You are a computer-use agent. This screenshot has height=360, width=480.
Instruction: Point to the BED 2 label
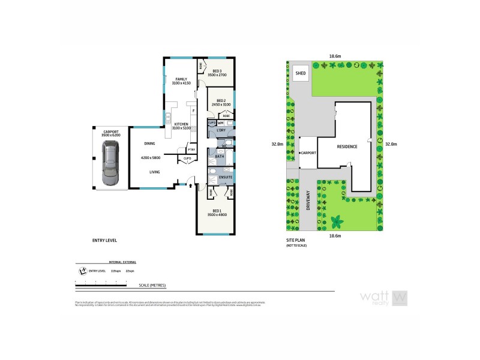(x=220, y=101)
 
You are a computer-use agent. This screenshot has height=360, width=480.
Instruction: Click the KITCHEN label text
(x=181, y=124)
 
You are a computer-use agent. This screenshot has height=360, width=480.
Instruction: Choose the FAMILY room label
(x=181, y=79)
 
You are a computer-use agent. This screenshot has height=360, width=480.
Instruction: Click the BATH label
(x=220, y=157)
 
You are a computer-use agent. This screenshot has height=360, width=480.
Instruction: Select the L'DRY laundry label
(x=221, y=130)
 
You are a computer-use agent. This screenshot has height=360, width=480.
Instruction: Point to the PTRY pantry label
(x=191, y=150)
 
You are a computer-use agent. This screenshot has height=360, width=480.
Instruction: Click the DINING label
(x=150, y=144)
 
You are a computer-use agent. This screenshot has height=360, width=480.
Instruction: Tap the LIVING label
(x=155, y=172)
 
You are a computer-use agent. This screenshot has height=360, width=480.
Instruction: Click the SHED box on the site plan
(x=301, y=73)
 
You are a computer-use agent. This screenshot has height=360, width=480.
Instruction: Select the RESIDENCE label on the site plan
(x=347, y=147)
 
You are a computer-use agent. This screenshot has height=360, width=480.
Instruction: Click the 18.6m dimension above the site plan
(x=335, y=56)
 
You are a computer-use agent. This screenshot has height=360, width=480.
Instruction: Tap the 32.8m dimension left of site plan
(x=277, y=144)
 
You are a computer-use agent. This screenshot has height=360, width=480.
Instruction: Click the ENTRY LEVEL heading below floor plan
(x=104, y=240)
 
